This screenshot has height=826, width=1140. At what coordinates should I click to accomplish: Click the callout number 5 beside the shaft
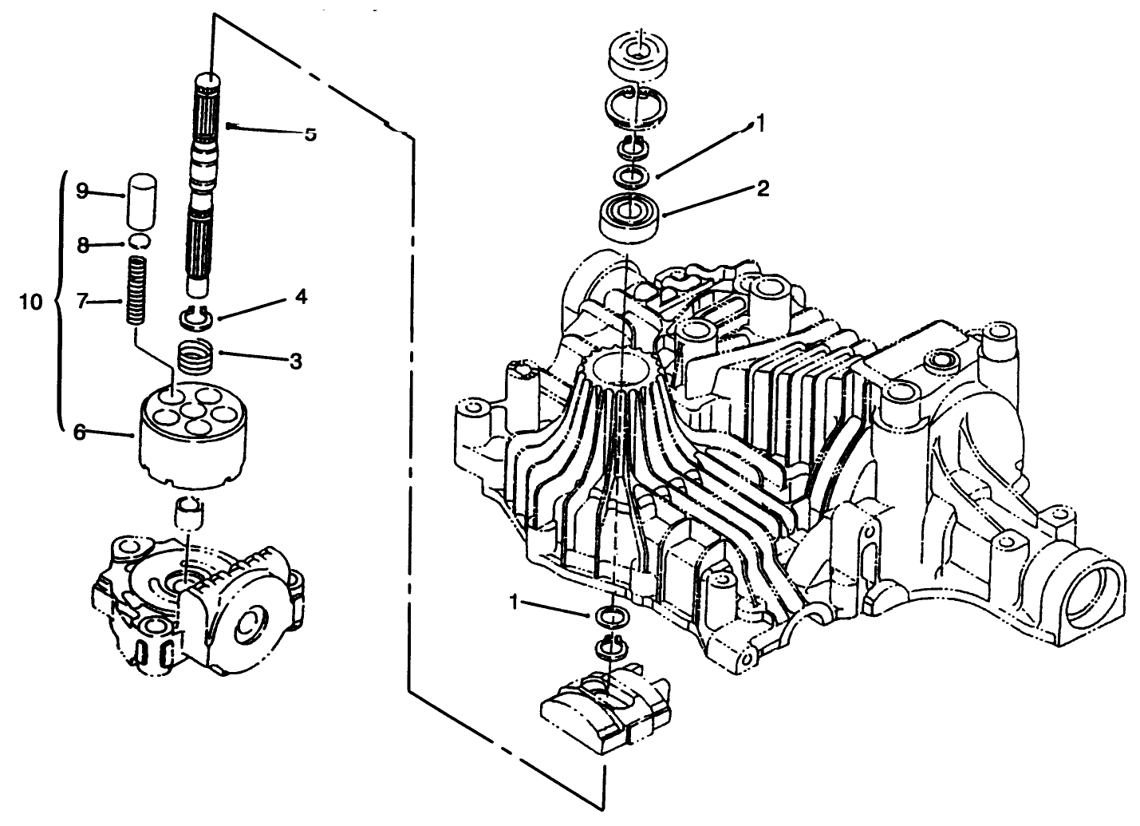tap(310, 133)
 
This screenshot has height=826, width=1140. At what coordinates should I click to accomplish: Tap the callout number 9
tap(81, 192)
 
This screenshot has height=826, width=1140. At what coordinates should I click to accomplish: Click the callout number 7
tap(81, 302)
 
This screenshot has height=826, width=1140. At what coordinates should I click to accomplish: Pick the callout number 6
tap(80, 432)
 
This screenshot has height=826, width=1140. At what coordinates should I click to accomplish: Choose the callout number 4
tap(300, 297)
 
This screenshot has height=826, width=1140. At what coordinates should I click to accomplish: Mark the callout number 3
tap(295, 361)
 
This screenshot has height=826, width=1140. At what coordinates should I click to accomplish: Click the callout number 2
tap(763, 189)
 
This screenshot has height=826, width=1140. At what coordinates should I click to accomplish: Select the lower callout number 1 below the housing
tap(515, 603)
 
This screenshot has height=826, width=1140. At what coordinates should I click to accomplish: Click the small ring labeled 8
tap(138, 243)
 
